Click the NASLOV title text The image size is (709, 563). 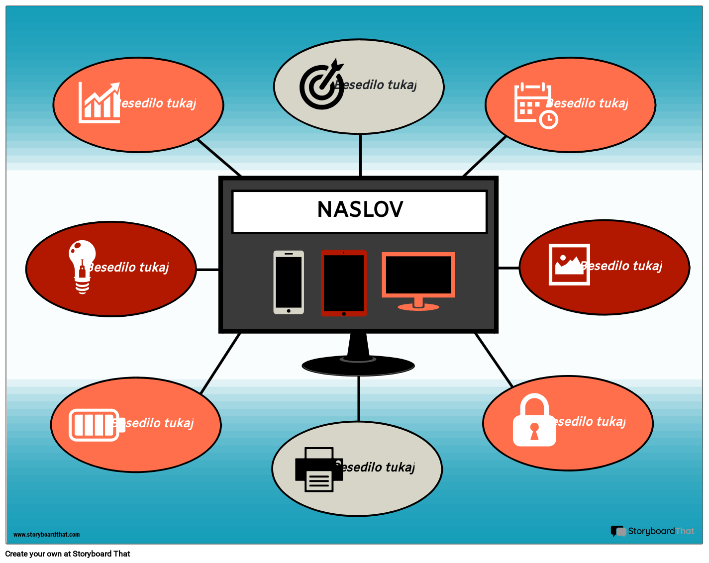click(x=360, y=209)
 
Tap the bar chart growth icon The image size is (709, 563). click(x=100, y=103)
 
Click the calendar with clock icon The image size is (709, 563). click(x=535, y=105)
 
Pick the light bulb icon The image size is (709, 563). click(x=82, y=266)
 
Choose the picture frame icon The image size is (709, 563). click(x=569, y=265)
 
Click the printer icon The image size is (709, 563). click(x=318, y=469)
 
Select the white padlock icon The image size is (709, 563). click(x=534, y=420)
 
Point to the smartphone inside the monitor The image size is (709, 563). click(x=289, y=282)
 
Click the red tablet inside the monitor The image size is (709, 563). click(x=344, y=283)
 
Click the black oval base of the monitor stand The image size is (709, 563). click(x=358, y=367)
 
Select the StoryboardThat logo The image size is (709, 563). click(x=652, y=531)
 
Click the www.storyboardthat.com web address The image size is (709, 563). click(x=46, y=535)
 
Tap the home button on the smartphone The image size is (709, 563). click(x=289, y=311)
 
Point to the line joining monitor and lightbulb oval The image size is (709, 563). click(x=207, y=270)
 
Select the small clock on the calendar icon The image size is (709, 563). click(x=548, y=119)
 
